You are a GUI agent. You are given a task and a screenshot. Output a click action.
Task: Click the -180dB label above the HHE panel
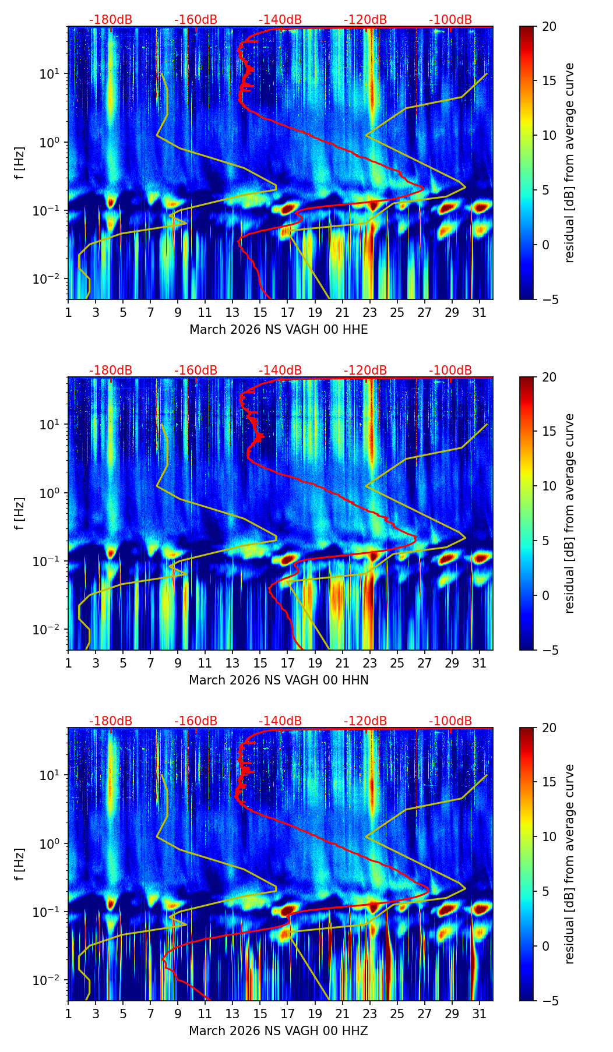point(111,20)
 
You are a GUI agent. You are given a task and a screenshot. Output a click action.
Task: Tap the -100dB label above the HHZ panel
point(450,721)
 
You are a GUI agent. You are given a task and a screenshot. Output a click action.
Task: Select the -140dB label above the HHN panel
point(280,370)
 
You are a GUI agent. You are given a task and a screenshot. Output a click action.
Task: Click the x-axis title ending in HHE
point(279,330)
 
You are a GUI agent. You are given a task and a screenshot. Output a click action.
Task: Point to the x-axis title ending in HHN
point(279,680)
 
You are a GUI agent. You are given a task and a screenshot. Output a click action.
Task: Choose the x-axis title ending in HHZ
point(279,1031)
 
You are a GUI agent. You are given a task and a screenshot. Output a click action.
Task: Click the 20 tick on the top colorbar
point(549,27)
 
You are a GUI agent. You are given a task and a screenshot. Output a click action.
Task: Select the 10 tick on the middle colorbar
point(549,486)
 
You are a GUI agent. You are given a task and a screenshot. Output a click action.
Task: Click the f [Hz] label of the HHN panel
point(20,513)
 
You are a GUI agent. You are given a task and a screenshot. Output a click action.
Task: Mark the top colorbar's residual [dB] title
point(569,163)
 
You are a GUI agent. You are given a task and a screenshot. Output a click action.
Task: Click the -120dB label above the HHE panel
point(365,20)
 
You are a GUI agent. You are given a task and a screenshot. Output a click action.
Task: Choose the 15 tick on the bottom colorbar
point(549,782)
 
